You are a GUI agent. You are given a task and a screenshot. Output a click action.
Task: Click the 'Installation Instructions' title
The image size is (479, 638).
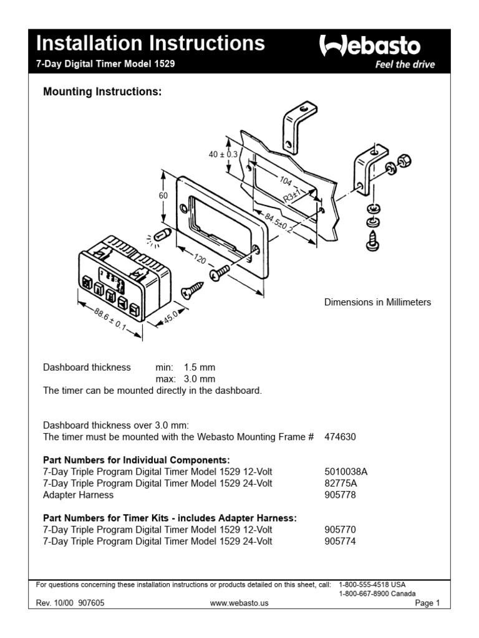pyautogui.click(x=150, y=44)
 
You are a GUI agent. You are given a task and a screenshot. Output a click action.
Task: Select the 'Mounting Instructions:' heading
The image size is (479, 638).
pyautogui.click(x=102, y=92)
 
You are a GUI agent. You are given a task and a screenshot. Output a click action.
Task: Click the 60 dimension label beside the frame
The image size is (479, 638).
pyautogui.click(x=163, y=196)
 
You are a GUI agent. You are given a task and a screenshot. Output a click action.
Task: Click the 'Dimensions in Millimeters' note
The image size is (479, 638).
pyautogui.click(x=377, y=302)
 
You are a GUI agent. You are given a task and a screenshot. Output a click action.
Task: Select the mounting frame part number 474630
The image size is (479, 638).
pyautogui.click(x=340, y=438)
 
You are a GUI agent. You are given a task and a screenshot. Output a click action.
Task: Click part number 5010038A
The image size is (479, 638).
pyautogui.click(x=345, y=471)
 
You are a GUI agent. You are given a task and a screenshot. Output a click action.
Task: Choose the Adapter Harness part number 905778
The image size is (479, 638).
pyautogui.click(x=340, y=495)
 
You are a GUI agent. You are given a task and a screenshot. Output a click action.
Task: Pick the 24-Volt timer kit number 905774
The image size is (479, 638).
pyautogui.click(x=340, y=541)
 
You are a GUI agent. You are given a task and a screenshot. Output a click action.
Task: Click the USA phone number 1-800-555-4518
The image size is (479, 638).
pyautogui.click(x=372, y=585)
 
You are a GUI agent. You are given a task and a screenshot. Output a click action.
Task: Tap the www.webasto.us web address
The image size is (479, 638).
pyautogui.click(x=239, y=604)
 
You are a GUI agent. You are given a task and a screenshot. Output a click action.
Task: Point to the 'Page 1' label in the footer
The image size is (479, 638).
pyautogui.click(x=427, y=604)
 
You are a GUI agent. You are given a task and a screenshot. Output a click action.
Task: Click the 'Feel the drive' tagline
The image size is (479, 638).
pyautogui.click(x=404, y=65)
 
